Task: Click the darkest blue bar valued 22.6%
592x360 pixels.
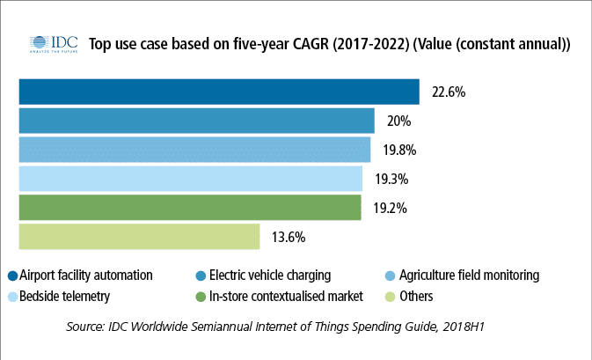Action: (218, 92)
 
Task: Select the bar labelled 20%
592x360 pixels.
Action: (196, 121)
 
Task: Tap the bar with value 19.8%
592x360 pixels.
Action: (194, 150)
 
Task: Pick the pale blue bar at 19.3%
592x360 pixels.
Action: (190, 179)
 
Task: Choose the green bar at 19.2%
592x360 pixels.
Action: (189, 208)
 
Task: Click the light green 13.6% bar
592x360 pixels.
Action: (139, 237)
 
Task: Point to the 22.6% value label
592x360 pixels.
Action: (449, 92)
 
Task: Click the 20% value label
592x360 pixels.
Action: (398, 121)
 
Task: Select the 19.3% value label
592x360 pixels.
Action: (391, 179)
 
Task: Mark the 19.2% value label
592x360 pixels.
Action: (390, 208)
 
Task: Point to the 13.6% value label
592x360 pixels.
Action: (289, 237)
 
